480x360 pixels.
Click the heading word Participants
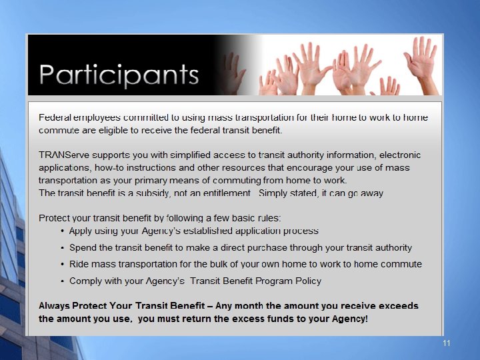tap(119, 73)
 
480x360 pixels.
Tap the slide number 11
tap(447, 343)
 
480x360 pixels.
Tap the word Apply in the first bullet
tap(81, 231)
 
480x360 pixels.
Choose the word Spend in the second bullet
tap(83, 247)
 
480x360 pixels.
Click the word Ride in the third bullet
tap(79, 264)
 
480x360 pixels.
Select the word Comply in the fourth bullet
tap(85, 281)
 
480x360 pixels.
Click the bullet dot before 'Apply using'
tap(62, 231)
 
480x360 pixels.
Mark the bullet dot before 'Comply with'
tap(62, 281)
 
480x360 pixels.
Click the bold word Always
tap(55, 306)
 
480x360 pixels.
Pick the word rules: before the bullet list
tap(267, 218)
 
